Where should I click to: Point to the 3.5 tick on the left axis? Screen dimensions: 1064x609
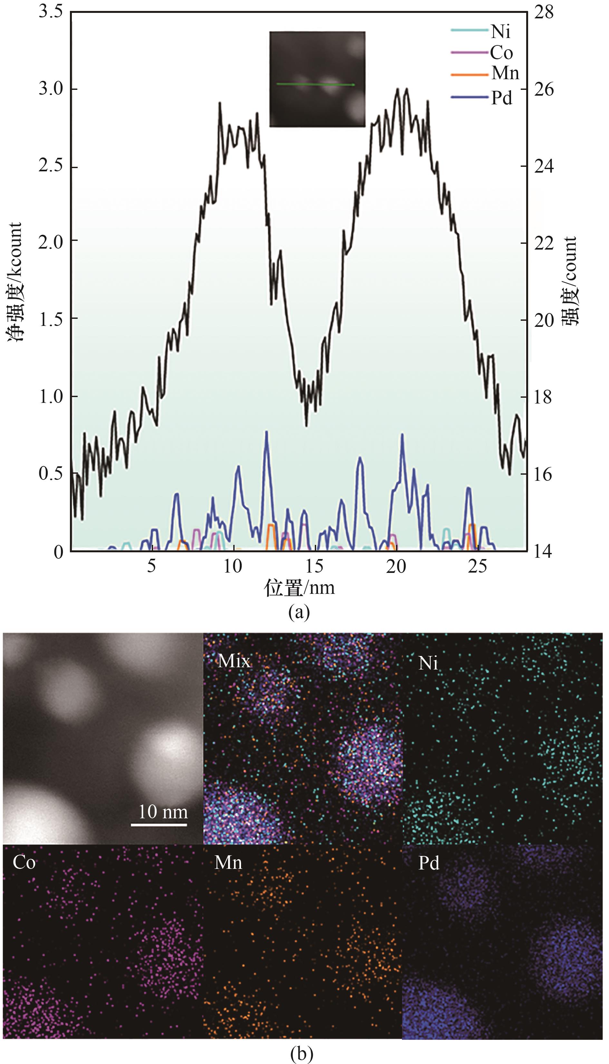click(51, 12)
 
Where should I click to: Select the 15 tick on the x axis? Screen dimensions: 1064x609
click(314, 567)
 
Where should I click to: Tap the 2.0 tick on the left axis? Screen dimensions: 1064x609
click(51, 242)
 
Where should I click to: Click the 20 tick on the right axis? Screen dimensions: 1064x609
click(544, 320)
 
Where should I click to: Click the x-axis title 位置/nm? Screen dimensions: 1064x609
click(299, 588)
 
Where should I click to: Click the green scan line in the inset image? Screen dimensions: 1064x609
click(316, 84)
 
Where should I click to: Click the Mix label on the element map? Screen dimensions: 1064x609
click(234, 661)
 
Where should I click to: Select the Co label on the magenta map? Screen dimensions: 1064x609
click(24, 862)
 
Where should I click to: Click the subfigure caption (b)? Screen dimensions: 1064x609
click(301, 1054)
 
